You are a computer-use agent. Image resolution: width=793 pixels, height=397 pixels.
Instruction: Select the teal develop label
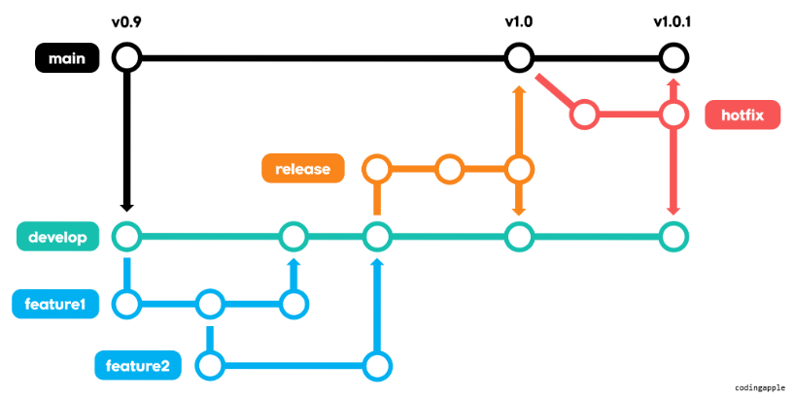56,236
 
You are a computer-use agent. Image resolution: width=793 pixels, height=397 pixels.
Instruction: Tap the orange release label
302,169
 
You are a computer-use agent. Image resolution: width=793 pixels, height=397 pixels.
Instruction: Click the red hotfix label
743,116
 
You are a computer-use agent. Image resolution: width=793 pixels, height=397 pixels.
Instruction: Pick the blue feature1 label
56,305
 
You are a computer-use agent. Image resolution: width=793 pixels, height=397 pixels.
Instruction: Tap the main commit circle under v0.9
126,58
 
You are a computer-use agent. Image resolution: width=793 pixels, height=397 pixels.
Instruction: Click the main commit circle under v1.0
519,58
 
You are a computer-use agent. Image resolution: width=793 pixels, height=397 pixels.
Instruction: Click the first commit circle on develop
126,236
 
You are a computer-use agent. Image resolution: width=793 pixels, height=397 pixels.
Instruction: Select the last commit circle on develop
672,236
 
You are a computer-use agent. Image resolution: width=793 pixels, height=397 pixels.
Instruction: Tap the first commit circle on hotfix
583,116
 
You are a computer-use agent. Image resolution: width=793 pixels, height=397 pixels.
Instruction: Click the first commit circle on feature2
210,366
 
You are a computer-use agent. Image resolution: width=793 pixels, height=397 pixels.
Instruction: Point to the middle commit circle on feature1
210,305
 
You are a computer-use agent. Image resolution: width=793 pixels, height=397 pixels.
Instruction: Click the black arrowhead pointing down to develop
126,206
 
